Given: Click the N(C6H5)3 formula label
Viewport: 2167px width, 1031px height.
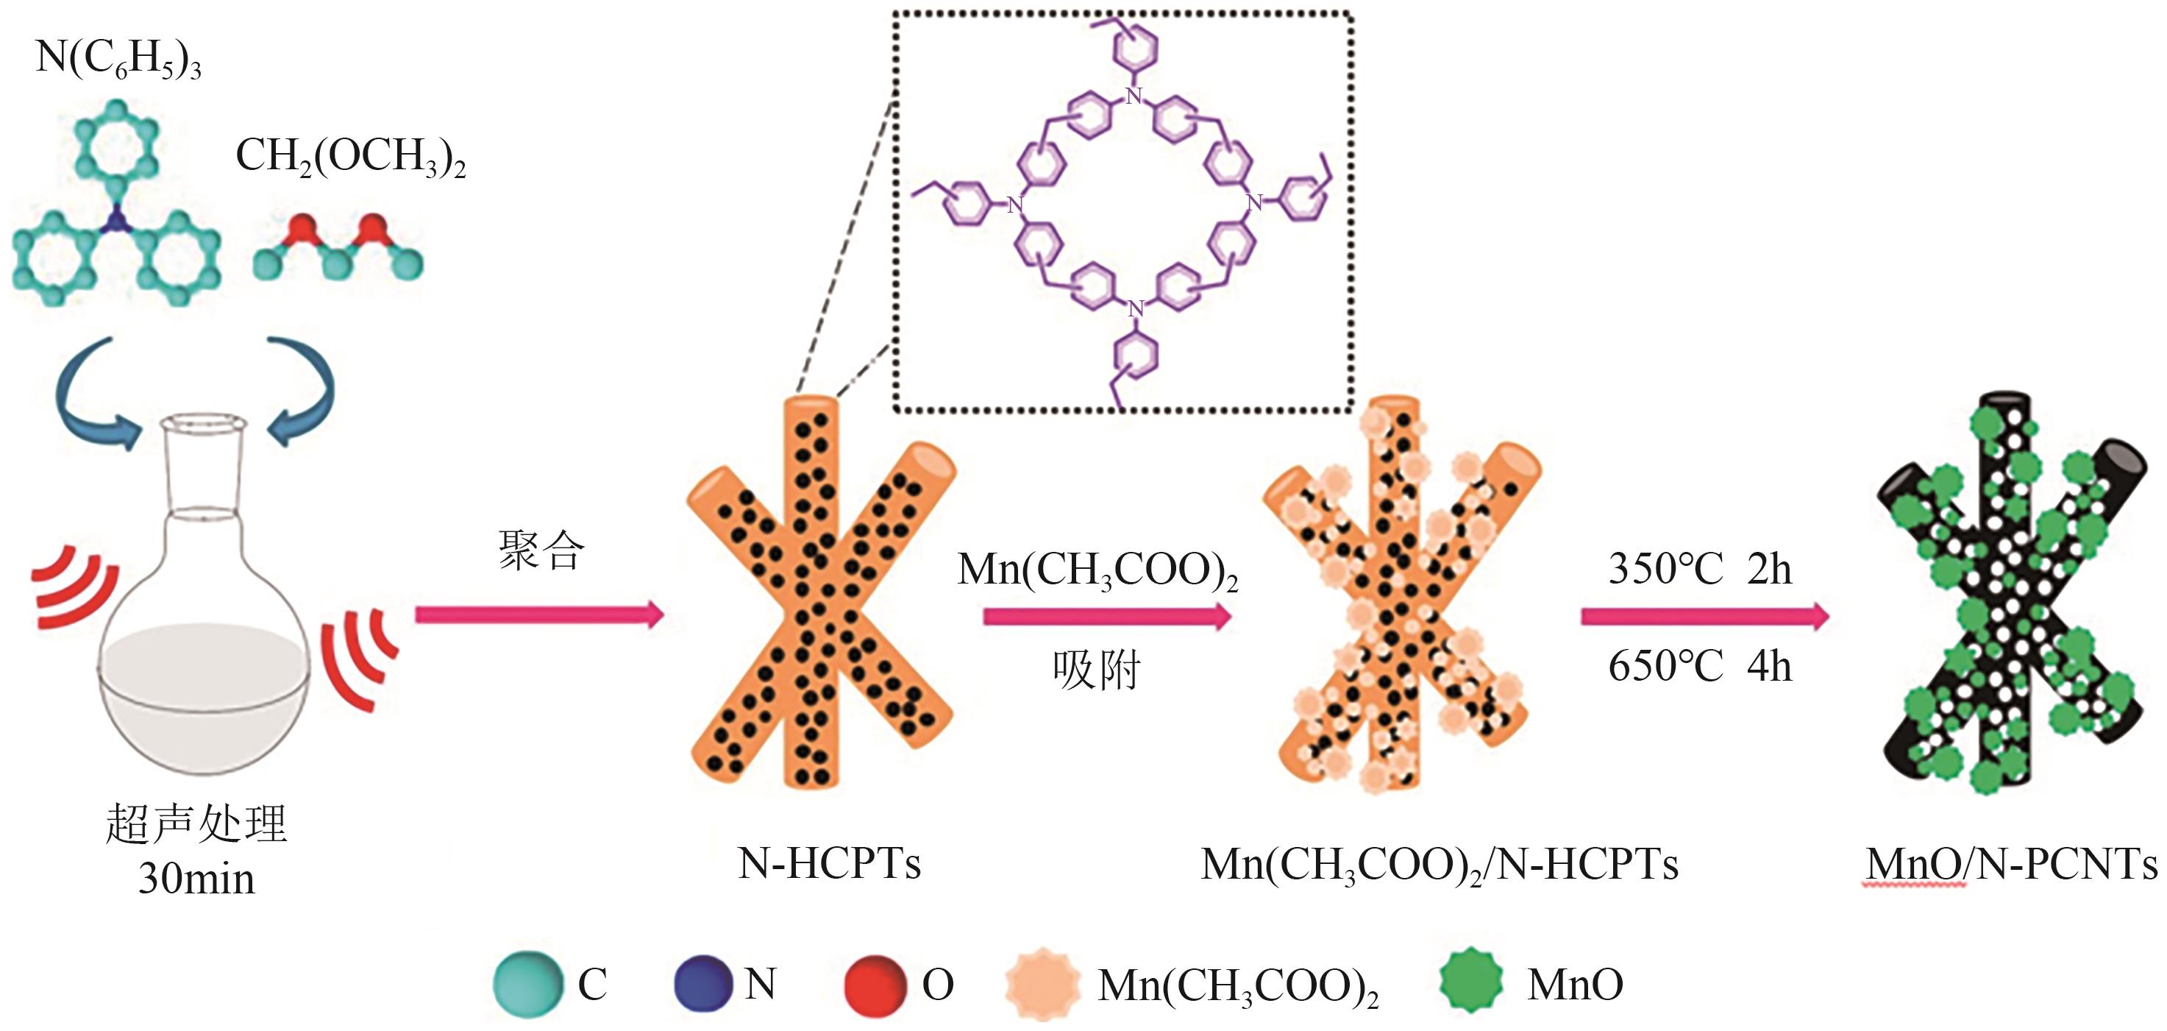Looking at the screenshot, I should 118,60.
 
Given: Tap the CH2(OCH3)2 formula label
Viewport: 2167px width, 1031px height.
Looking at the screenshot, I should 350,157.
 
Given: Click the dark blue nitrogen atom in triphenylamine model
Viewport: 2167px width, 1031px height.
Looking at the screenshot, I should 117,222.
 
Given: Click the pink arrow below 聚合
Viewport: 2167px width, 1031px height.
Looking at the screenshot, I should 539,614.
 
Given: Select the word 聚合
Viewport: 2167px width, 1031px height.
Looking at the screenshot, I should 541,551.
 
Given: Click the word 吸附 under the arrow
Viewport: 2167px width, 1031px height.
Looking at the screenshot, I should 1096,671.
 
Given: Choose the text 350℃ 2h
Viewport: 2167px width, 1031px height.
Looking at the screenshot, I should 1700,569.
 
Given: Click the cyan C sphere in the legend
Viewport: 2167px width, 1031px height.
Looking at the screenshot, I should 527,984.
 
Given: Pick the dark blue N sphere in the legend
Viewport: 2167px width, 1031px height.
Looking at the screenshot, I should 703,983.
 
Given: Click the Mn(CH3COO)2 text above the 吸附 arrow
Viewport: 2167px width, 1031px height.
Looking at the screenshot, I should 1097,570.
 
